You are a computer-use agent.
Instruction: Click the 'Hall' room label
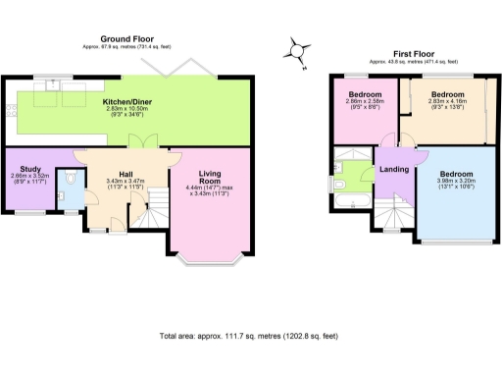(x=125, y=173)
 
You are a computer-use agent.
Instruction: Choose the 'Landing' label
(x=394, y=168)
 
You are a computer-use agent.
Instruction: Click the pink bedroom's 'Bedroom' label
(x=364, y=94)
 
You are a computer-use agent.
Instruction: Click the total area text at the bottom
(x=250, y=336)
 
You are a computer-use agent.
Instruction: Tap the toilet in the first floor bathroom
(x=340, y=170)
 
